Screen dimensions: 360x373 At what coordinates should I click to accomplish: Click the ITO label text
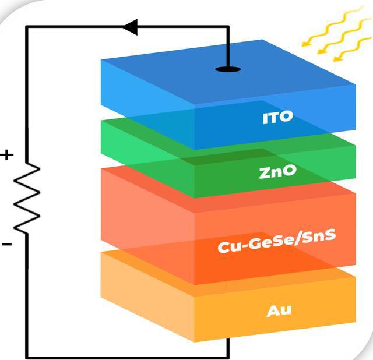(277, 118)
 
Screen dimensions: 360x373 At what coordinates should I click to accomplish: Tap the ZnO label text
(277, 171)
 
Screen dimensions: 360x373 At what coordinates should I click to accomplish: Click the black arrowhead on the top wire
(130, 26)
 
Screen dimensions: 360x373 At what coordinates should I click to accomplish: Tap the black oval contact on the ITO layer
(227, 69)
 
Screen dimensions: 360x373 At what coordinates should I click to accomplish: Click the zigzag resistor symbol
(27, 198)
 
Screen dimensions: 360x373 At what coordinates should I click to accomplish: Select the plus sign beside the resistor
(6, 156)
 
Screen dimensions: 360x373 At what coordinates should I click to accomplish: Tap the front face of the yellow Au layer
(274, 315)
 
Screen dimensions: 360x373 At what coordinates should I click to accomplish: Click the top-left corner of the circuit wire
(27, 26)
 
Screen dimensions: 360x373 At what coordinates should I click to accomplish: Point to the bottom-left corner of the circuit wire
(27, 357)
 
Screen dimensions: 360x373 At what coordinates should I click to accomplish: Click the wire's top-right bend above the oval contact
(227, 26)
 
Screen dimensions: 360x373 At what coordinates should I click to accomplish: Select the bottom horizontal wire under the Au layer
(128, 357)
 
